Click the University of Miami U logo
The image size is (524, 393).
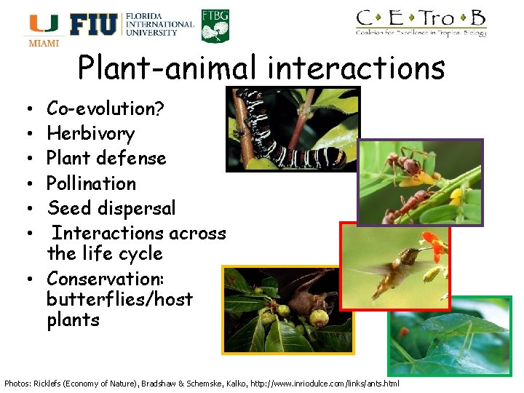(44, 25)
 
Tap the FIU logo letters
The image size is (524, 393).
(93, 25)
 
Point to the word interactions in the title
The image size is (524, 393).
(356, 68)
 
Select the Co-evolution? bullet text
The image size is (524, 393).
(106, 109)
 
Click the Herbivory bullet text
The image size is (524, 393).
(91, 134)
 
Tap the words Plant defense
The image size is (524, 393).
(106, 159)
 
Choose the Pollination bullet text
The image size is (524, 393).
(92, 183)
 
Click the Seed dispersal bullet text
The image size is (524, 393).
(111, 208)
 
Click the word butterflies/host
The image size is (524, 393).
(119, 299)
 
